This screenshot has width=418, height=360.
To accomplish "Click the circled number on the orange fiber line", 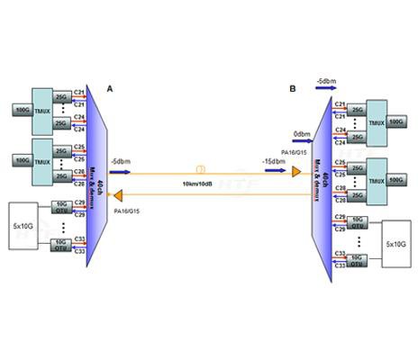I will pos(201,168).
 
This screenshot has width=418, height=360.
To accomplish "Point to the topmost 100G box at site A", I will pos(18,110).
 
